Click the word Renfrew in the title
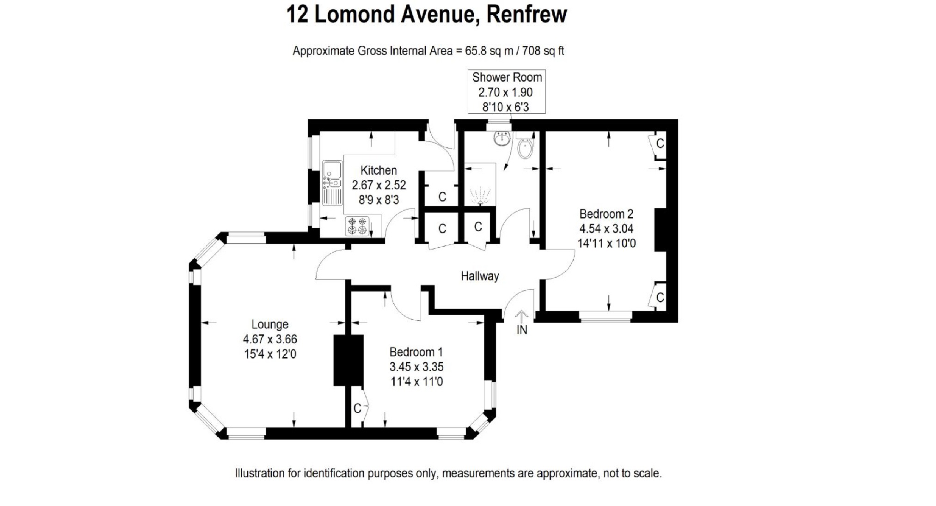tap(526, 14)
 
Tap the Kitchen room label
tap(379, 170)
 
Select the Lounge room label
tap(270, 324)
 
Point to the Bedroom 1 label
tap(416, 352)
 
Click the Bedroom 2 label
tap(606, 214)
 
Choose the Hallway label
tap(480, 276)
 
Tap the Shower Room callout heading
tap(507, 78)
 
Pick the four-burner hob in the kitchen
tap(357, 226)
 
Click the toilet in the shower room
tap(525, 147)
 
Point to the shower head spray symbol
tap(479, 196)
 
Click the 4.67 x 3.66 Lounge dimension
tap(270, 339)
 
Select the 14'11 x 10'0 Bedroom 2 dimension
tap(606, 243)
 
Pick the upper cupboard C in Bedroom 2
tap(660, 144)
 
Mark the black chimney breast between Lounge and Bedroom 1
tap(348, 360)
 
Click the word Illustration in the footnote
tap(260, 474)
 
